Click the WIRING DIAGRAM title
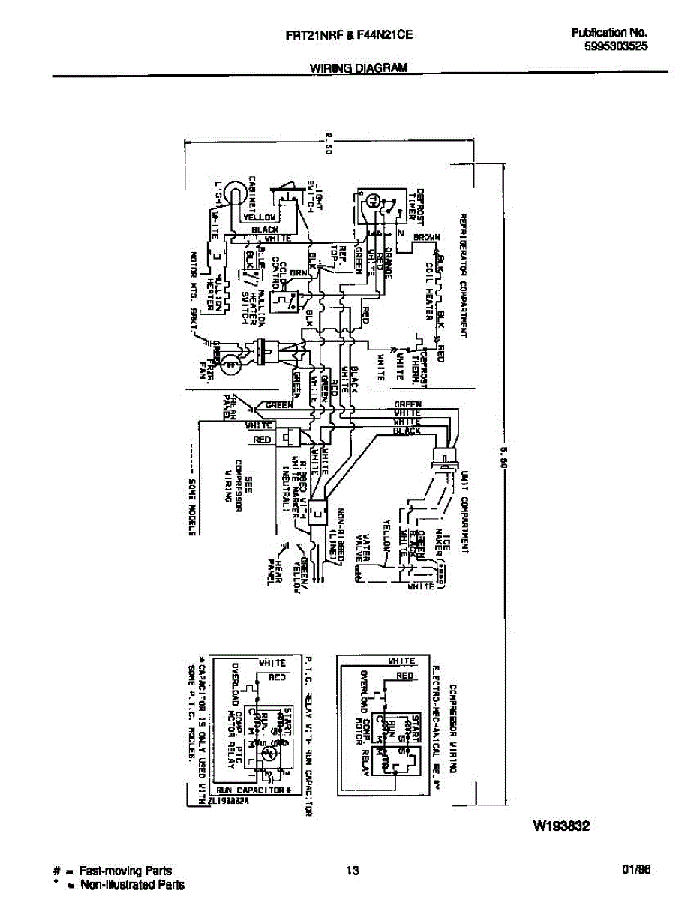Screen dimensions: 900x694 tap(359, 67)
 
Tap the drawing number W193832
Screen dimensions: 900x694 tap(561, 827)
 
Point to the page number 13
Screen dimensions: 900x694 tap(352, 871)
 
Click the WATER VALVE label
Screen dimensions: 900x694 tap(363, 547)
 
